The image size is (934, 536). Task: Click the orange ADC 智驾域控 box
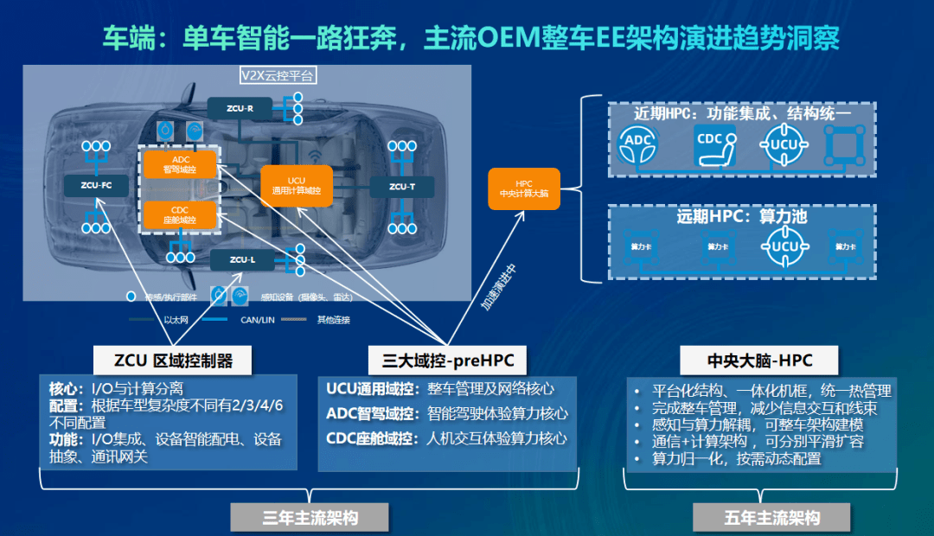(180, 164)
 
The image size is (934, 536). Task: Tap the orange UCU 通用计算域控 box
(296, 185)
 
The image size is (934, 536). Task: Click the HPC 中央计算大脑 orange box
(525, 188)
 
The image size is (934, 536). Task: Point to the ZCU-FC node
(95, 185)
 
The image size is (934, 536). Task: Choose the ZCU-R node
(240, 108)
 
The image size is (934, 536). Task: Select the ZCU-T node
(401, 186)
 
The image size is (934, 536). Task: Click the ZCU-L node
(241, 258)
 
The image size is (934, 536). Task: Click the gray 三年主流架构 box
(310, 517)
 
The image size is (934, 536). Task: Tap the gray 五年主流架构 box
(771, 517)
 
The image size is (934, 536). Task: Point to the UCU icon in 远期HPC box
(784, 246)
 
